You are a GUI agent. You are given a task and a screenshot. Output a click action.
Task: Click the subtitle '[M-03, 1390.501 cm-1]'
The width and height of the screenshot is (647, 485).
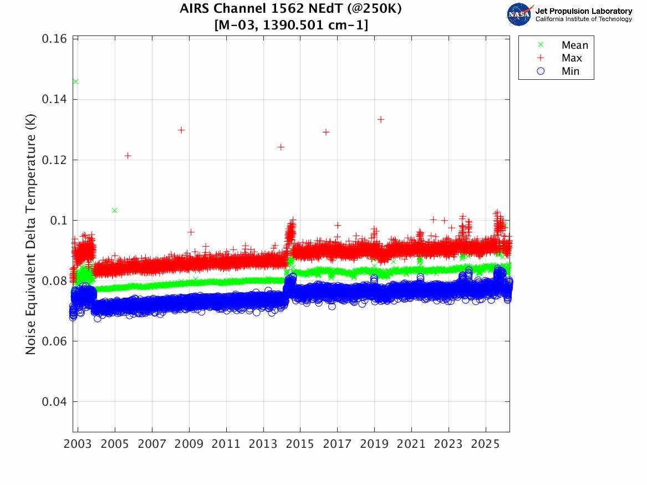pos(291,25)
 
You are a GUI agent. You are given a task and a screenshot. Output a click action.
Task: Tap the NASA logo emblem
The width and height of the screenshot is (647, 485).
pos(519,14)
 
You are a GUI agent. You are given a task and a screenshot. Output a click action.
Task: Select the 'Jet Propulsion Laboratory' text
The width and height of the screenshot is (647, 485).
pos(583,11)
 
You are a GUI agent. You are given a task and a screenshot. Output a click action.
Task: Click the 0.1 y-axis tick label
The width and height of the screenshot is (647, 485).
pos(59,221)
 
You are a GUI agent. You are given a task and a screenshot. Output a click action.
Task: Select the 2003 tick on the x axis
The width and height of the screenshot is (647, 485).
pos(78,445)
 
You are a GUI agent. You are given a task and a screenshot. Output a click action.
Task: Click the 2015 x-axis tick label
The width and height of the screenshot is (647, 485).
pos(300,445)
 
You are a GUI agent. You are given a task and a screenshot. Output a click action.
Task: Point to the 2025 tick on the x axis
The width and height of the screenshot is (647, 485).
pos(486,445)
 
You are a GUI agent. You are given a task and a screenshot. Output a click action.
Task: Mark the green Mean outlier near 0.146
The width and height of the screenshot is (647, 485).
pos(75,81)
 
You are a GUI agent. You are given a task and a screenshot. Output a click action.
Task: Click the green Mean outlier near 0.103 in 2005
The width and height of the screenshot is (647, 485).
pos(114,211)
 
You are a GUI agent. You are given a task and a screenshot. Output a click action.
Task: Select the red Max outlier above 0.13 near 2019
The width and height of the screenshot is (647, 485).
pos(381,120)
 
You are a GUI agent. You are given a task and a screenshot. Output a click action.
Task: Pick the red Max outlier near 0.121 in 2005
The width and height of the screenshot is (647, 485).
pos(128,156)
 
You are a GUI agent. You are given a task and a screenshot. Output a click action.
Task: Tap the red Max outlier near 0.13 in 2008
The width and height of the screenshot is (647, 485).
pos(181,130)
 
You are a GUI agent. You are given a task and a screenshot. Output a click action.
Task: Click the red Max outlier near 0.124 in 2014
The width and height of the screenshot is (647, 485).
pos(281,147)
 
